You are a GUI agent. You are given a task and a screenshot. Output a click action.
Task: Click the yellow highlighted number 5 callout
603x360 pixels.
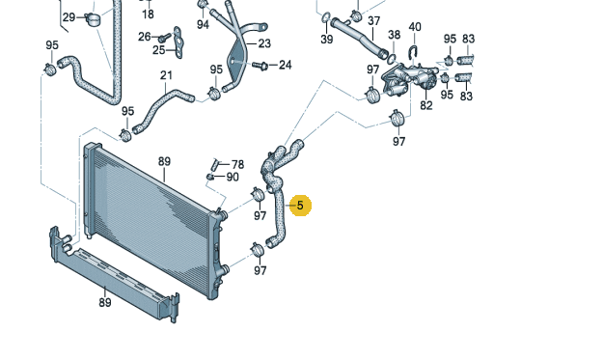tap(300, 206)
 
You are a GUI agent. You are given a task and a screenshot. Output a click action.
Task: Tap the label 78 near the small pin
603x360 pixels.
tap(237, 165)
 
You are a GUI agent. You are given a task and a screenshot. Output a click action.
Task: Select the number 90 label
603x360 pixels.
tap(233, 177)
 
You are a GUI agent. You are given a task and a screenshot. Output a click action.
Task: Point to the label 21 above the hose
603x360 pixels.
tap(166, 75)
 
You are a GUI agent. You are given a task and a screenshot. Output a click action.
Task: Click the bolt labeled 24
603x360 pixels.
tap(260, 66)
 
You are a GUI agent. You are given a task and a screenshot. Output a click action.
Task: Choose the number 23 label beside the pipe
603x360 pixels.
tap(264, 43)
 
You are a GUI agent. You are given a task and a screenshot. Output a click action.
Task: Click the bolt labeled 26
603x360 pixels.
tap(165, 38)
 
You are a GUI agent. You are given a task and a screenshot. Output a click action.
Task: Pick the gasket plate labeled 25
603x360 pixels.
tap(178, 42)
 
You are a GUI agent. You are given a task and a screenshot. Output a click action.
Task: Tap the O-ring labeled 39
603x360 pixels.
tap(326, 17)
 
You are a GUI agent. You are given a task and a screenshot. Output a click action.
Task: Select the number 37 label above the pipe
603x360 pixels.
tap(373, 21)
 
